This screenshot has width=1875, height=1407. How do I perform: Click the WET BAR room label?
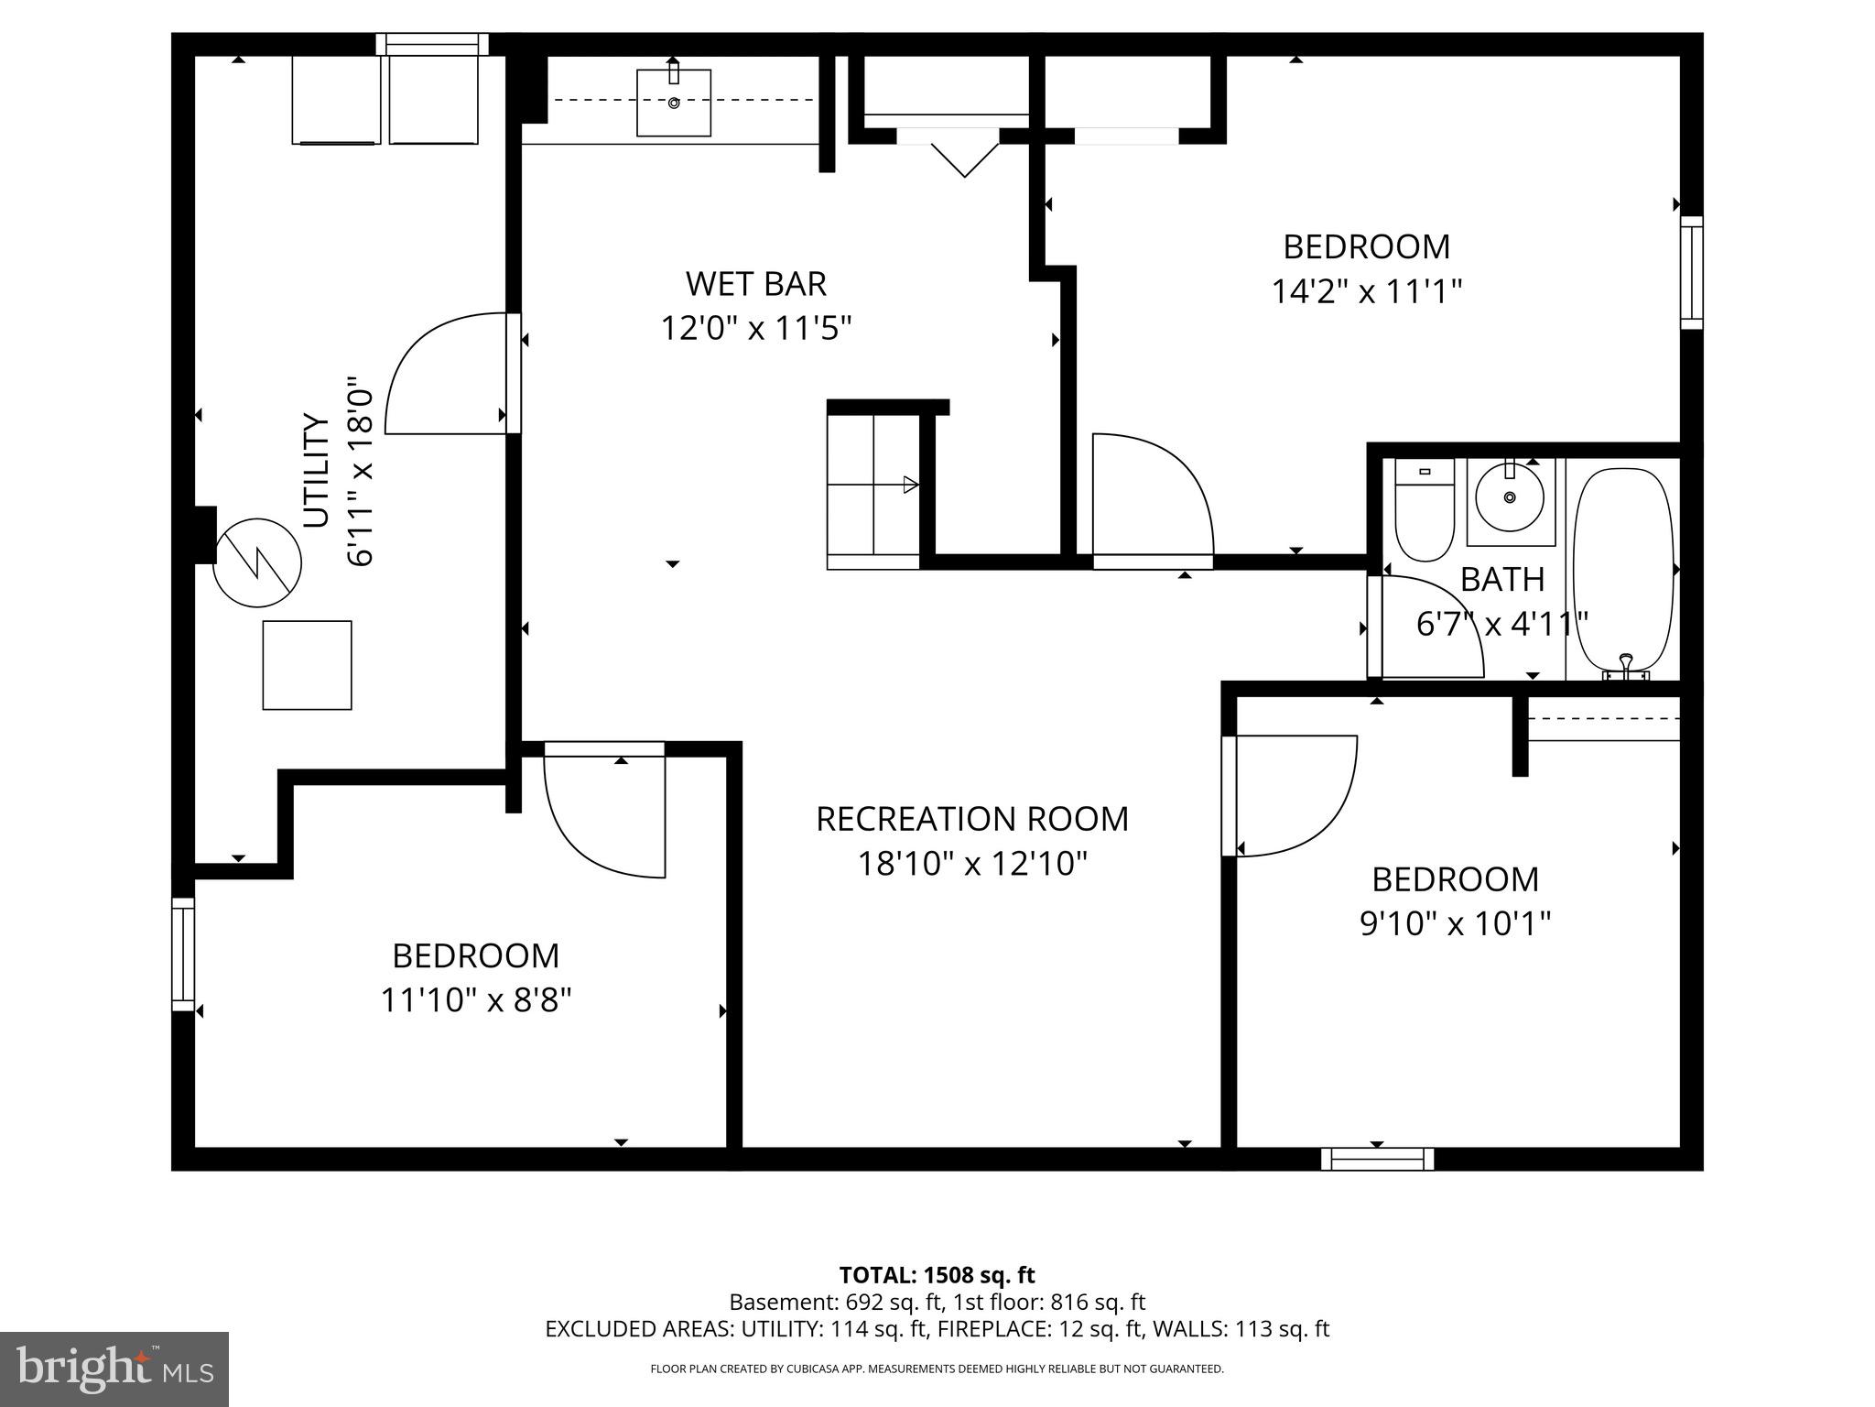[755, 284]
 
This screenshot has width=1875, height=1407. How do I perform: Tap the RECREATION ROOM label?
[971, 819]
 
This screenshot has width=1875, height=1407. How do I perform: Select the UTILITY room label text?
[316, 471]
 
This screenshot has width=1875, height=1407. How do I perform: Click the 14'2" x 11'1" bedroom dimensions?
[1366, 292]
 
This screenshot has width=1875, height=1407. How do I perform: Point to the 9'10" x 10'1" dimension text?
[1455, 924]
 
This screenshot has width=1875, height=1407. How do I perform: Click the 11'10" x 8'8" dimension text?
[475, 1000]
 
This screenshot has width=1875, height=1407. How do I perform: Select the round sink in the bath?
[1510, 498]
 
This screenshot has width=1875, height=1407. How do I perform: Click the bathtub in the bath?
[1623, 570]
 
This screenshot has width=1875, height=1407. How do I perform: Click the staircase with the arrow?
[873, 485]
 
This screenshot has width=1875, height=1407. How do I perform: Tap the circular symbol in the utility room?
[257, 562]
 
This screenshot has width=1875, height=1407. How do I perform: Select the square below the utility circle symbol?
[307, 665]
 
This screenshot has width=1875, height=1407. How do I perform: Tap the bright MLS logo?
[114, 1369]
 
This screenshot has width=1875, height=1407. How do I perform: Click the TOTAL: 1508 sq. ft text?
[937, 1275]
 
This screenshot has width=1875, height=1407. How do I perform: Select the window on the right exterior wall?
[1691, 272]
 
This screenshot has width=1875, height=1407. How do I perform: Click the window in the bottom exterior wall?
[1377, 1159]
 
